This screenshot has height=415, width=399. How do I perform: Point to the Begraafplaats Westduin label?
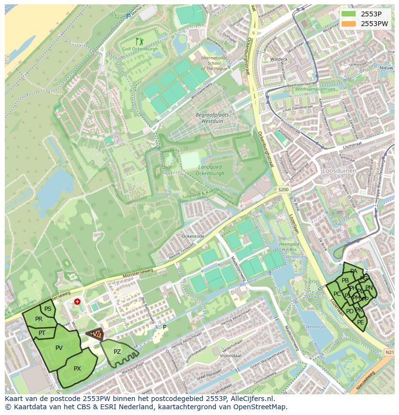click(212, 119)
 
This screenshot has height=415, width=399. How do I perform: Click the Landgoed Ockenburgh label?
click(211, 170)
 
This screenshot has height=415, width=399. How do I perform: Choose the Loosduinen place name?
click(339, 170)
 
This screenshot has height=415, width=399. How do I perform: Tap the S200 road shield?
click(283, 190)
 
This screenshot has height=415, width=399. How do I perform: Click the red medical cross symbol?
click(77, 302)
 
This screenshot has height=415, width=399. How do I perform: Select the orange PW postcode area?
click(96, 334)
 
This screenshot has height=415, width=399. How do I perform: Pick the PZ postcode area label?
click(117, 352)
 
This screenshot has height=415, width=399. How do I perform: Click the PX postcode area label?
click(77, 369)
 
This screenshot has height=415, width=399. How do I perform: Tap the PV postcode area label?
click(59, 348)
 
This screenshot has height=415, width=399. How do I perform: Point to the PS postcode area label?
click(48, 309)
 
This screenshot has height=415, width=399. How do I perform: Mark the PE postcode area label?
click(361, 322)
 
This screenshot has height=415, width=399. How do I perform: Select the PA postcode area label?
click(354, 271)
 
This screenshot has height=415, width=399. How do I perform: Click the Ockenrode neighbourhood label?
click(193, 237)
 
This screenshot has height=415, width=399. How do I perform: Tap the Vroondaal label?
click(230, 355)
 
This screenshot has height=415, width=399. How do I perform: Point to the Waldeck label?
click(279, 59)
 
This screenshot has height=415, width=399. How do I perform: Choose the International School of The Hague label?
click(214, 63)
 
